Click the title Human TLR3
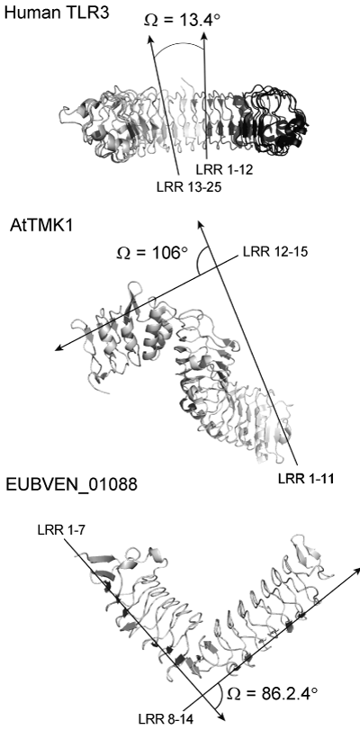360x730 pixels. (57, 13)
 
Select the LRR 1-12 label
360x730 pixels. (223, 170)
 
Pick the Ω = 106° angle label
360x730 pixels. (151, 254)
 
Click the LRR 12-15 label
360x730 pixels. (275, 252)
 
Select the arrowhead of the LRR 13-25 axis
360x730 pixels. (150, 37)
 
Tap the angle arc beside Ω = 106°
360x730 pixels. (199, 260)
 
